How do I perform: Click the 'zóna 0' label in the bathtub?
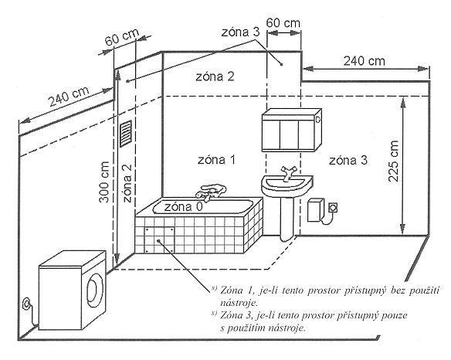coord(183,206)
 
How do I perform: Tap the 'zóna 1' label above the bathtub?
coord(216,160)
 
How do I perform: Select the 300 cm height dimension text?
coord(104,182)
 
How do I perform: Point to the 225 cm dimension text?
coord(394,161)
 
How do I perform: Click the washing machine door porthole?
coord(95,290)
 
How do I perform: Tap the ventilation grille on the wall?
coord(126,134)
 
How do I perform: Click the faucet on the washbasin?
coord(287,174)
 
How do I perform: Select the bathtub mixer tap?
coord(211,192)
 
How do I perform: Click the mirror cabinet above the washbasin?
coord(292,130)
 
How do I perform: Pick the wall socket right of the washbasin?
coord(334,208)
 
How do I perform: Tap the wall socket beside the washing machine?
coord(27,304)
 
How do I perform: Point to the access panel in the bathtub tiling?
coord(160,240)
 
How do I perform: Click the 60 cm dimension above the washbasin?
coord(283,22)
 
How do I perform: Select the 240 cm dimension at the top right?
coord(365,61)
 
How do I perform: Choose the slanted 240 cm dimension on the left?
coord(69,96)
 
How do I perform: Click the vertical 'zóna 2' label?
coord(127,183)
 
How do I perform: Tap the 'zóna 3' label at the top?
coord(240,32)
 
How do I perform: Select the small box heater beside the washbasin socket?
coord(316,211)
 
